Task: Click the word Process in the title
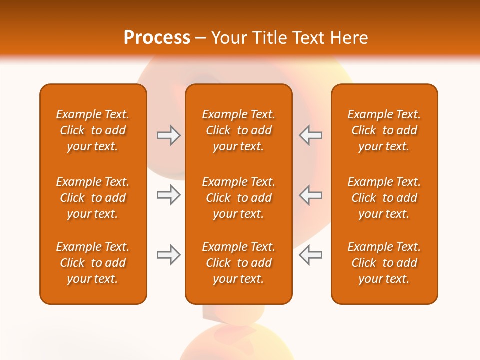[x=157, y=38]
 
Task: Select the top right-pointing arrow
[x=169, y=135]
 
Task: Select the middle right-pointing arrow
[x=169, y=195]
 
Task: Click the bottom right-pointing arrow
[x=169, y=255]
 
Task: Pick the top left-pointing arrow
[x=310, y=135]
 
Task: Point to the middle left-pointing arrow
[x=310, y=195]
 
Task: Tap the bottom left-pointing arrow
[x=310, y=255]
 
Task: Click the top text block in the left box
[x=93, y=130]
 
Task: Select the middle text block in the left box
[x=93, y=198]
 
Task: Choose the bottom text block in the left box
[x=93, y=263]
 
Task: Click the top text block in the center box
[x=238, y=130]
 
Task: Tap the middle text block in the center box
[x=238, y=198]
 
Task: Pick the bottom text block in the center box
[x=238, y=263]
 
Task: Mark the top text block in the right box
[x=384, y=130]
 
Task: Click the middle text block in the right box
[x=384, y=198]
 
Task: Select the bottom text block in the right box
[x=384, y=263]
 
